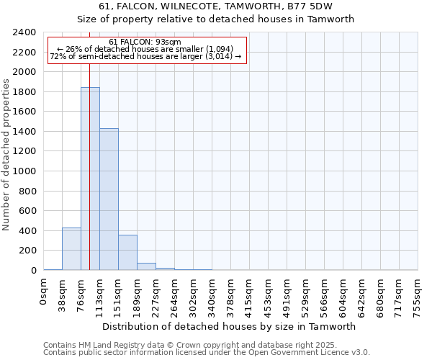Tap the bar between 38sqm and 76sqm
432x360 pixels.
(71, 249)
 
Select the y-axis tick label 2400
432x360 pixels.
(24, 33)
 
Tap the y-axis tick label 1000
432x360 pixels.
(24, 171)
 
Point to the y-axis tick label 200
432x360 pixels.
(27, 251)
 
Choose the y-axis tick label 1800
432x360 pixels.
(24, 92)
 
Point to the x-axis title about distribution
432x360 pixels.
(230, 326)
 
